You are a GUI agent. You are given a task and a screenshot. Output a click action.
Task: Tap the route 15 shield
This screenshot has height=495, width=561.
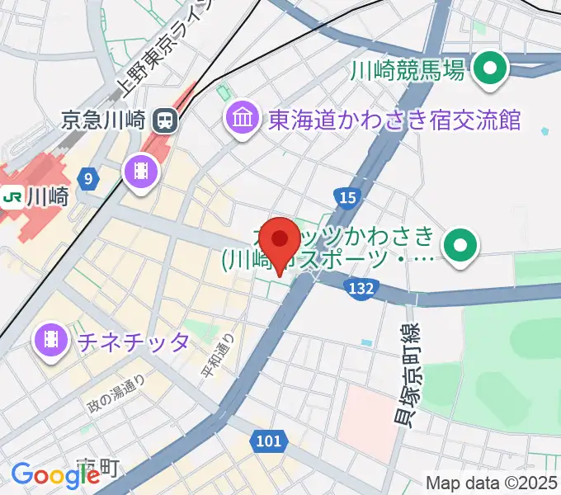346,196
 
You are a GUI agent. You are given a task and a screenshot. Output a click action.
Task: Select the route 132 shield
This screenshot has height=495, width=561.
361,288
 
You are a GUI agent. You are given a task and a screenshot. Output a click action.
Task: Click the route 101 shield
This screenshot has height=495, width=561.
269,441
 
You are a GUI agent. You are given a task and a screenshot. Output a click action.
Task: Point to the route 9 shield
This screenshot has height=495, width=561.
88,177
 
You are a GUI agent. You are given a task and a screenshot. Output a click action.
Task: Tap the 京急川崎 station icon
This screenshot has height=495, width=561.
165,121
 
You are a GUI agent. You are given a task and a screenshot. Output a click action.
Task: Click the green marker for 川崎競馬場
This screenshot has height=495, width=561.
493,71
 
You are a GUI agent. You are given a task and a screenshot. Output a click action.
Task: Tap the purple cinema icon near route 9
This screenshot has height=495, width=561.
138,171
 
